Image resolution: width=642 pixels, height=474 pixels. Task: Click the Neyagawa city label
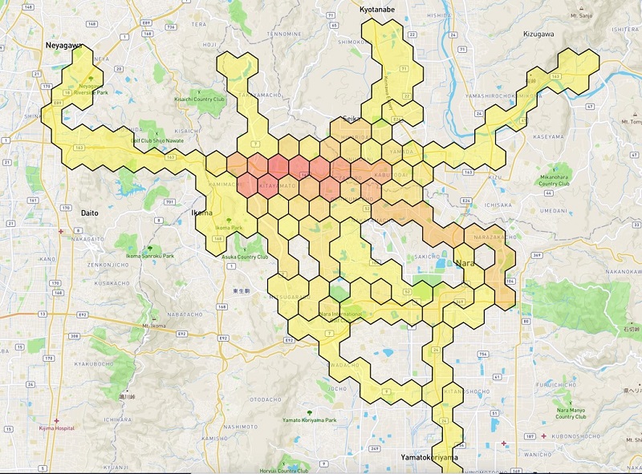point(63,47)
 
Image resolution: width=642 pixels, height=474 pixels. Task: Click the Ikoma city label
point(201,213)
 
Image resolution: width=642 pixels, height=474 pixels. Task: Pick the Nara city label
point(466,262)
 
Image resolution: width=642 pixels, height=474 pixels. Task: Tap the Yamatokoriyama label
point(430,457)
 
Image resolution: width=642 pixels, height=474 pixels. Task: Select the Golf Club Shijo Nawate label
point(157,139)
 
